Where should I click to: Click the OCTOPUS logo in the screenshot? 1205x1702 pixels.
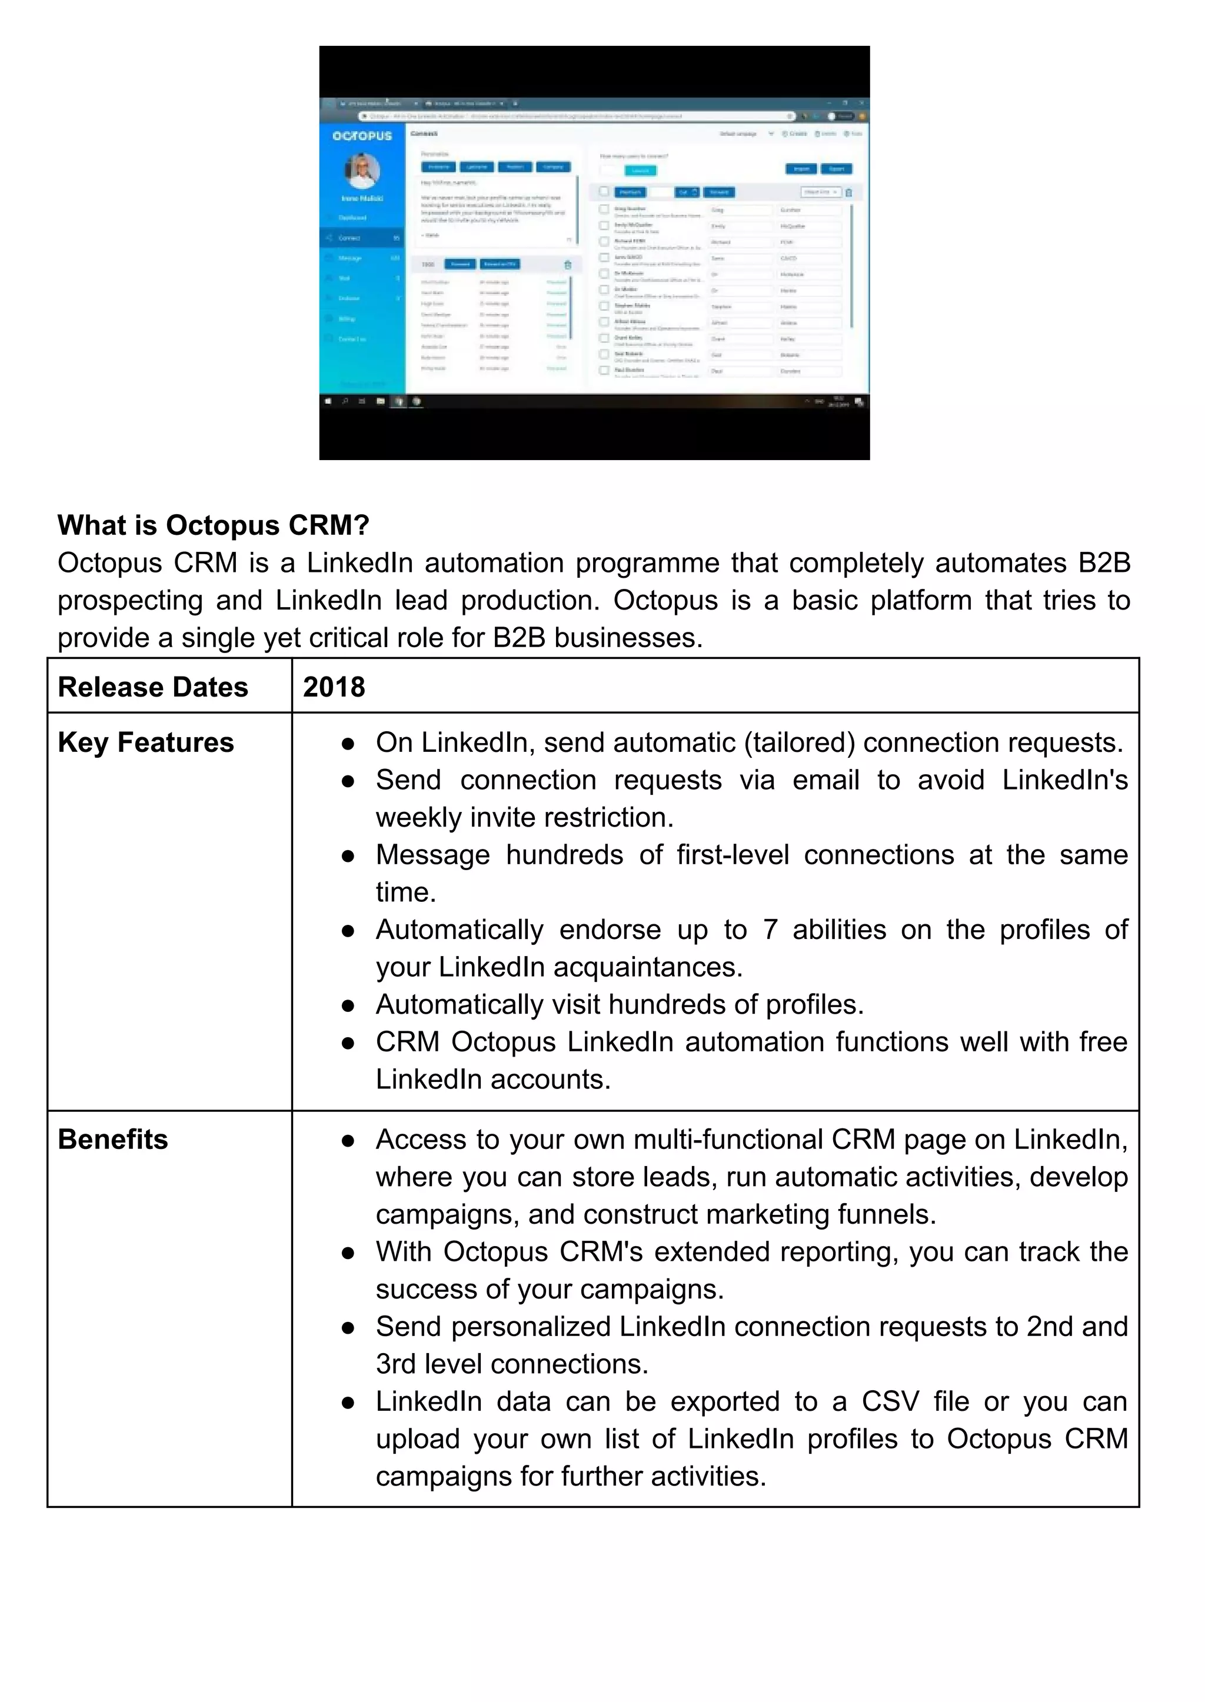[362, 136]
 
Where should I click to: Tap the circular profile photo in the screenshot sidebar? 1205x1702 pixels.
[362, 171]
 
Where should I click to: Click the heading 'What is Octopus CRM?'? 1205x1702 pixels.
[213, 525]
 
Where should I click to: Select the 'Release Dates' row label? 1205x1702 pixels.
[153, 687]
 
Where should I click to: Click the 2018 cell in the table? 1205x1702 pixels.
[334, 687]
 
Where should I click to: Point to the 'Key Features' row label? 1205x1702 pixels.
[145, 742]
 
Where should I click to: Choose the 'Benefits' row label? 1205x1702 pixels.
[113, 1140]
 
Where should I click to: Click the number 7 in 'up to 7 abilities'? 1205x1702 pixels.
[770, 930]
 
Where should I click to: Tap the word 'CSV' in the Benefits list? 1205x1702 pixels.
[890, 1401]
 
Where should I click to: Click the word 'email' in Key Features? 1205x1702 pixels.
[826, 780]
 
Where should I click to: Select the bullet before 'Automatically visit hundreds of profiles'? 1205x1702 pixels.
[347, 1006]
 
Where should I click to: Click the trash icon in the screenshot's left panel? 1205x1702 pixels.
[568, 265]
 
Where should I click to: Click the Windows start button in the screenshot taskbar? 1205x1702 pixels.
[328, 401]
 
